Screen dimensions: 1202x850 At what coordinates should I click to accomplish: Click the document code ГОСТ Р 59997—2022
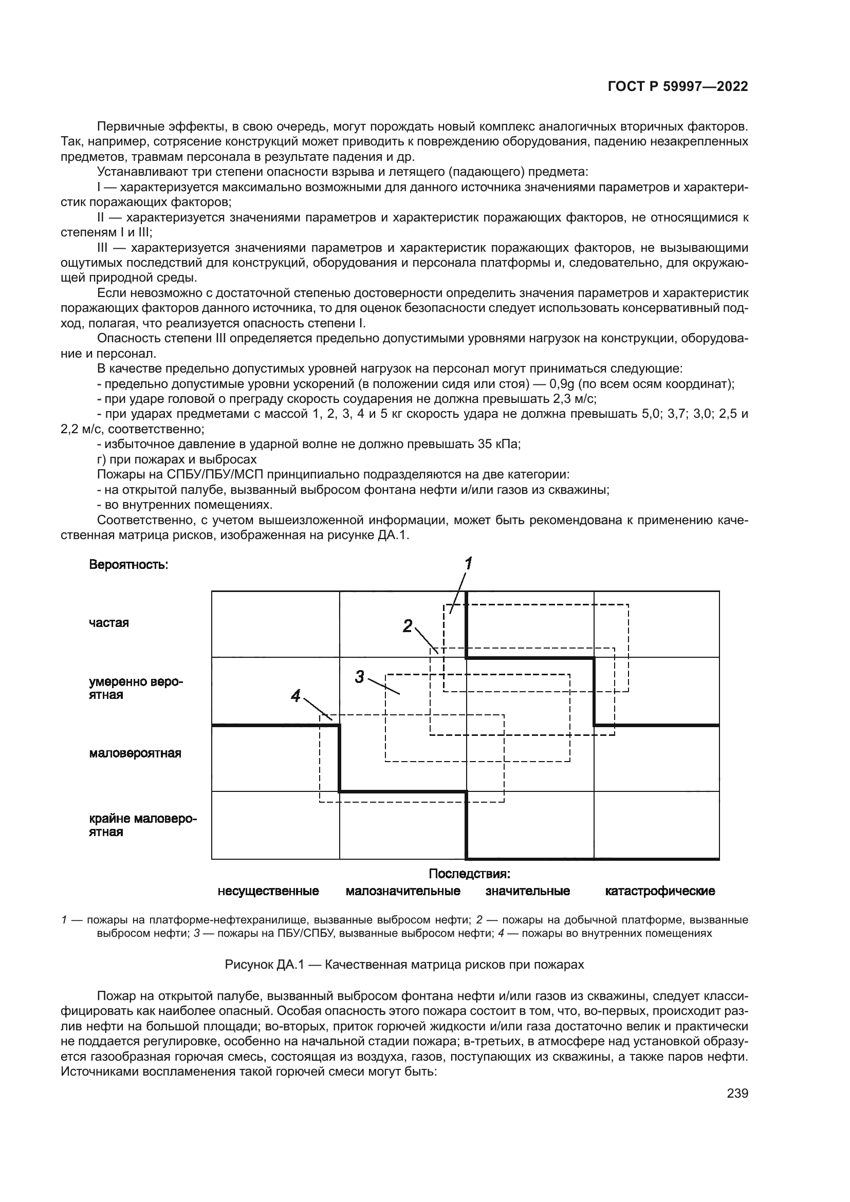[x=678, y=87]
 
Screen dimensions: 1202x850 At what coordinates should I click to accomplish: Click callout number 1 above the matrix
[x=469, y=564]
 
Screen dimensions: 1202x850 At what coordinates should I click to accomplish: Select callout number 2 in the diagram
[x=408, y=625]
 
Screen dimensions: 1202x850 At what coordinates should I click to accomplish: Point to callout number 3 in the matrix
[x=360, y=677]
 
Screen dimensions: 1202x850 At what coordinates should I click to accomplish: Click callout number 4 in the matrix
[x=295, y=696]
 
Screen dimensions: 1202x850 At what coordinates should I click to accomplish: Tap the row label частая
[x=109, y=623]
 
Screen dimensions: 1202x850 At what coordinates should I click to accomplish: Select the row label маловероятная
[x=135, y=753]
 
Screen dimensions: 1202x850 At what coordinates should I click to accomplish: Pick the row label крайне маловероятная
[x=142, y=826]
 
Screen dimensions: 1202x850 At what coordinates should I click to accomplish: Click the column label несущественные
[x=268, y=891]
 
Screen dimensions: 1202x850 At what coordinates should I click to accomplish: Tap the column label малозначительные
[x=403, y=891]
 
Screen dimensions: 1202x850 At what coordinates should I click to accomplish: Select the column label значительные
[x=528, y=891]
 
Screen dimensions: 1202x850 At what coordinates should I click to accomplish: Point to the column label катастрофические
[x=660, y=891]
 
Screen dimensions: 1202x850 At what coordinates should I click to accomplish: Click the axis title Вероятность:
[x=129, y=565]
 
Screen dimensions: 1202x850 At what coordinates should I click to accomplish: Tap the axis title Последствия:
[x=470, y=874]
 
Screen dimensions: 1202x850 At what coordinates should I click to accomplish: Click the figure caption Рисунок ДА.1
[x=404, y=964]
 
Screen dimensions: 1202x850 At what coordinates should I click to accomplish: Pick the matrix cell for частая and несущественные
[x=275, y=624]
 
